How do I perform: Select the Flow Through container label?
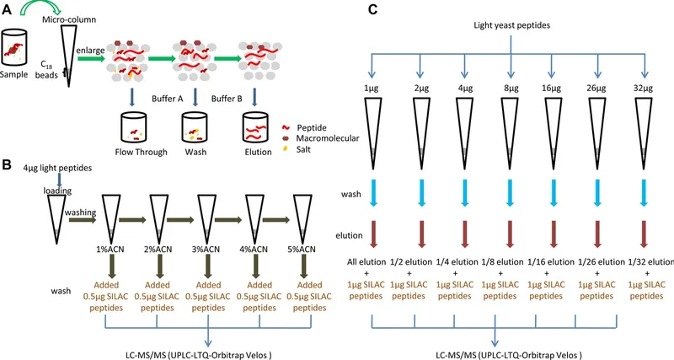142,153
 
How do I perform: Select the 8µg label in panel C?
511,88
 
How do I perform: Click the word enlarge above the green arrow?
89,51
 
